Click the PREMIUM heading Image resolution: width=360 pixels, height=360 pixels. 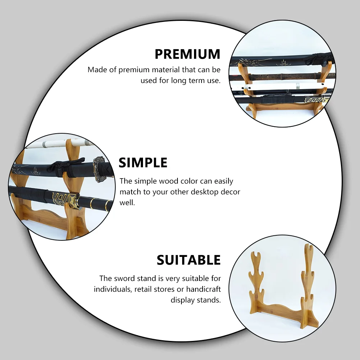pyautogui.click(x=187, y=54)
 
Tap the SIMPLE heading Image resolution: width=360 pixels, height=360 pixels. pyautogui.click(x=143, y=163)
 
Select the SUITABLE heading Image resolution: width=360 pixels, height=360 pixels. pyautogui.click(x=189, y=260)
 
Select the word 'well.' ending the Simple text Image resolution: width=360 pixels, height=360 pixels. pyautogui.click(x=127, y=203)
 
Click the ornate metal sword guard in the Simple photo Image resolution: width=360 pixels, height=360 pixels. pyautogui.click(x=99, y=169)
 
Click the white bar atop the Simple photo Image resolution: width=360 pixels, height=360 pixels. pyautogui.click(x=60, y=144)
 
